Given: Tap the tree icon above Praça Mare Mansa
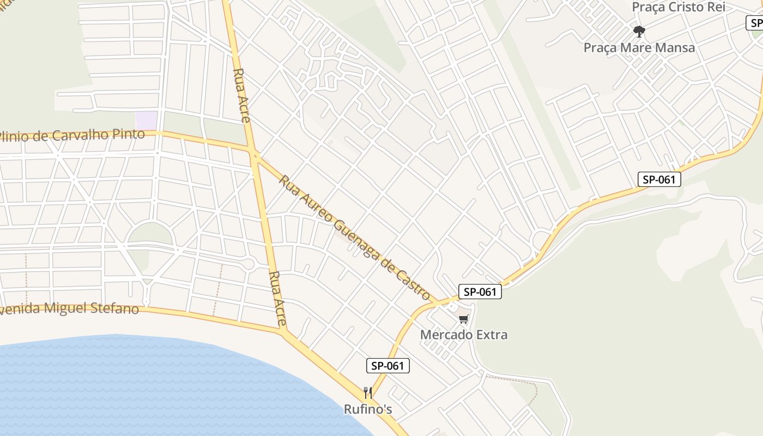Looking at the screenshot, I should [639, 31].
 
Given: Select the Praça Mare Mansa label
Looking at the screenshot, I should [639, 47].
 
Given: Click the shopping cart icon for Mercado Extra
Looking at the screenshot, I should [463, 319].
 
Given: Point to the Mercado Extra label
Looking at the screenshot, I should [463, 335].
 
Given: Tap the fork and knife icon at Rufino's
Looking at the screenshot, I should [368, 392].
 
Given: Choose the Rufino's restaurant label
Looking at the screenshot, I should [368, 409].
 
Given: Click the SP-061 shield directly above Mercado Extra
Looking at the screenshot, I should [479, 292].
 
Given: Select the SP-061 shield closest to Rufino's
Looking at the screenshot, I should [387, 366].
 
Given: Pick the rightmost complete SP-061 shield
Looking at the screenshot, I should [659, 179].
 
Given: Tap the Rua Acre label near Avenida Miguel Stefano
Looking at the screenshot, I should [277, 299].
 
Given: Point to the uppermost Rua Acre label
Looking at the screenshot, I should [241, 95].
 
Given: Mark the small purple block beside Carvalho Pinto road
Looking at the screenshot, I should [146, 120].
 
